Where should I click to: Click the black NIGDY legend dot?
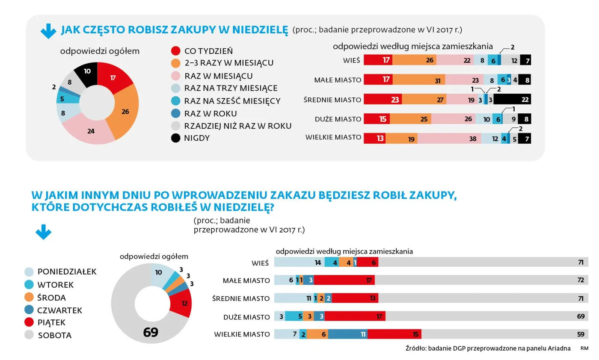point(175,138)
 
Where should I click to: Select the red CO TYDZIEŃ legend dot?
point(175,51)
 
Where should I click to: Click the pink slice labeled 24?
point(90,131)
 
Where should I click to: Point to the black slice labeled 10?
point(87,71)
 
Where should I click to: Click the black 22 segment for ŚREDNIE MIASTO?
point(513,100)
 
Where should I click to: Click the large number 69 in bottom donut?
point(151,332)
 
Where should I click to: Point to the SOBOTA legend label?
point(54,336)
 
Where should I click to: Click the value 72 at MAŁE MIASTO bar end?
point(581,280)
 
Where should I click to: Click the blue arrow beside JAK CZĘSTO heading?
point(48,31)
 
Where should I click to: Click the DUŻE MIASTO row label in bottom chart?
point(246,317)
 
